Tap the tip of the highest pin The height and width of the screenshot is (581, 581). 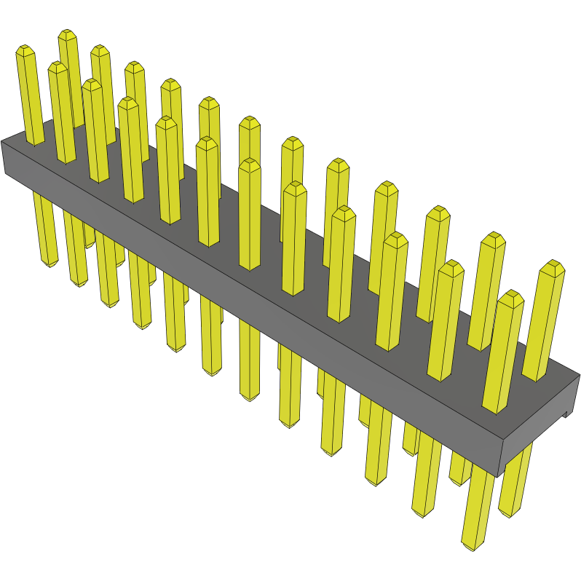pyautogui.click(x=68, y=34)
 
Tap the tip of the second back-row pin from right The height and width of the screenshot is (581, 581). pyautogui.click(x=494, y=237)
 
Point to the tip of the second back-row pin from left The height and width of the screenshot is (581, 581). pyautogui.click(x=100, y=50)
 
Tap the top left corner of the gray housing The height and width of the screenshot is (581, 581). pyautogui.click(x=2, y=142)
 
